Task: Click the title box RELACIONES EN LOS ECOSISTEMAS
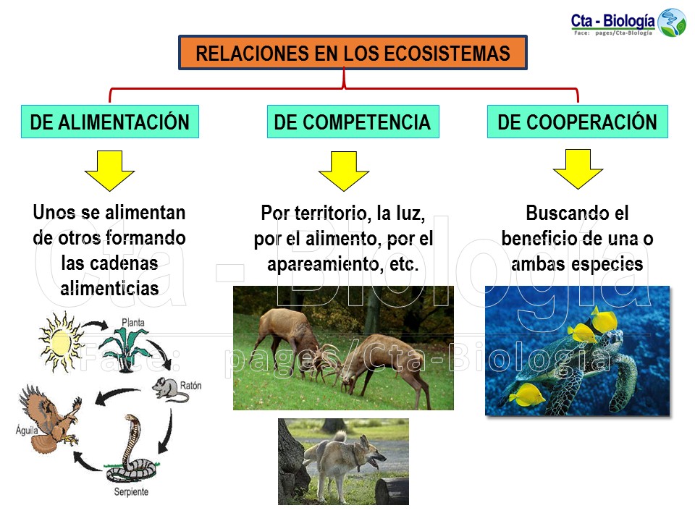click(x=353, y=53)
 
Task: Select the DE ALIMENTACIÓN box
click(x=109, y=122)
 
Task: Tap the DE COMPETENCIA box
click(x=352, y=122)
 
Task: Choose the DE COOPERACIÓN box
click(x=577, y=122)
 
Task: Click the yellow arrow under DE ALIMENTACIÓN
click(x=109, y=170)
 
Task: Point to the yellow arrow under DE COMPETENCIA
click(x=343, y=171)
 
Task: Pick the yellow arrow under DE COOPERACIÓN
click(x=578, y=169)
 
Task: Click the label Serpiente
click(x=131, y=492)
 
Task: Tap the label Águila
click(x=27, y=431)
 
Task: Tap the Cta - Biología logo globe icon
click(x=671, y=22)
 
